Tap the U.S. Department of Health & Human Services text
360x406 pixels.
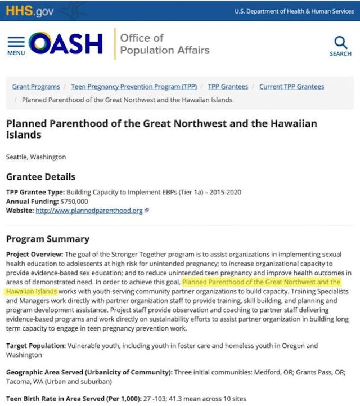coord(294,11)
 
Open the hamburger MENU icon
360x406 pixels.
coord(16,46)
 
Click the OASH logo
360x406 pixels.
coord(66,44)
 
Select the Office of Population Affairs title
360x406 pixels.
coord(164,44)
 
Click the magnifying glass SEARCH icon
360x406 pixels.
coord(340,46)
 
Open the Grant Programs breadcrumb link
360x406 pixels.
coord(36,87)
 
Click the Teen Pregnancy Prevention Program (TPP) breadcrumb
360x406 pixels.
coord(134,87)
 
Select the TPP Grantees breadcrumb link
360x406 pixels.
coord(228,87)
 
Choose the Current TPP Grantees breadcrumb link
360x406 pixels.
coord(291,87)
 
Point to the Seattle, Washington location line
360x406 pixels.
coord(36,157)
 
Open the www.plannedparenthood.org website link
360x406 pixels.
coord(89,211)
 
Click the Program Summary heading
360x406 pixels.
coord(48,239)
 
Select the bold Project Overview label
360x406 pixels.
coord(35,255)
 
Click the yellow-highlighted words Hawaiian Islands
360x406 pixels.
coord(31,292)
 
